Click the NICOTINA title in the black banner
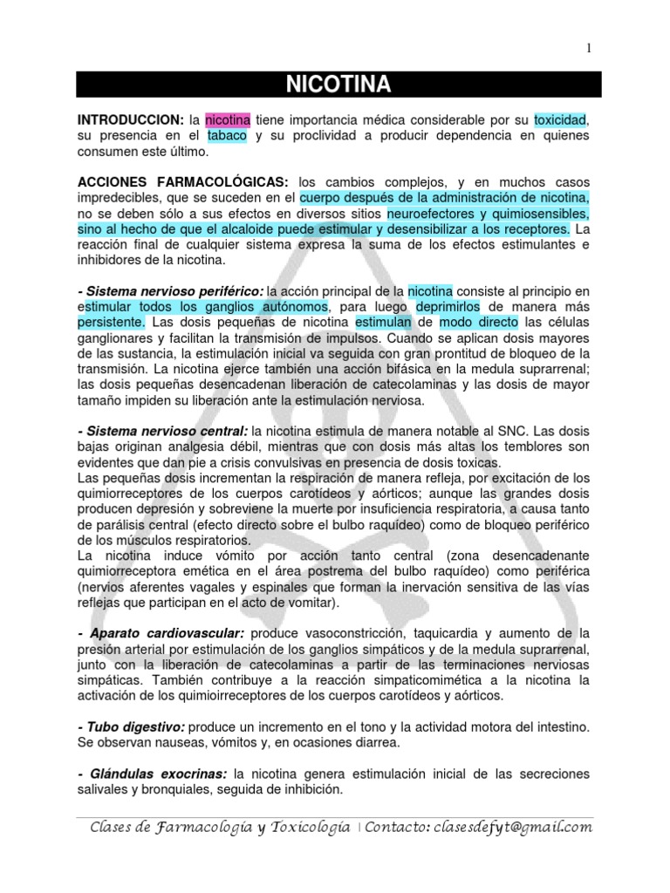[x=338, y=85]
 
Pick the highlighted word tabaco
[x=228, y=136]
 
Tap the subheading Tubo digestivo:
[x=130, y=726]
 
